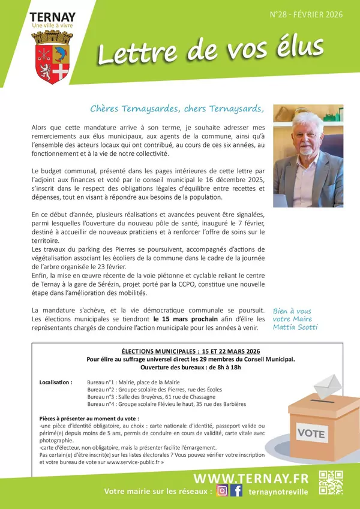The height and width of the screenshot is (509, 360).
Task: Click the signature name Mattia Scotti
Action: (295, 327)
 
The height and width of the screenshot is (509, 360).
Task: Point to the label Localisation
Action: (56, 381)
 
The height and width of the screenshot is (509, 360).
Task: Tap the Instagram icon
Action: (222, 491)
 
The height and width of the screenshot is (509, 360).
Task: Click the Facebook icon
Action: (237, 491)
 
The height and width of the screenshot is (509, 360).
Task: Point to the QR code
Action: (330, 483)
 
